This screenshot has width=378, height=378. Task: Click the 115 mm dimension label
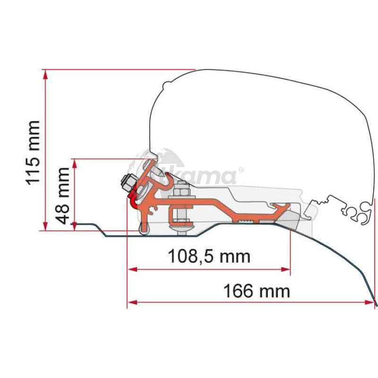click(x=33, y=153)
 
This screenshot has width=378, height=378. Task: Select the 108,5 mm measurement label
click(x=209, y=256)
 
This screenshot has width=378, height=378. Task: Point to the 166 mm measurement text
click(x=257, y=291)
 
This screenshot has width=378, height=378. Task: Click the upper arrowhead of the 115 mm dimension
click(x=45, y=75)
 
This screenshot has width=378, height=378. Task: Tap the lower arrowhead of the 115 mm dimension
click(x=45, y=225)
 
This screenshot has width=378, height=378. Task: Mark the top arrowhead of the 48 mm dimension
click(x=75, y=164)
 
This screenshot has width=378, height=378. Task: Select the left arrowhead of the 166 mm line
click(x=133, y=302)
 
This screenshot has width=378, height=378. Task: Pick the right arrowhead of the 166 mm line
click(x=369, y=302)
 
